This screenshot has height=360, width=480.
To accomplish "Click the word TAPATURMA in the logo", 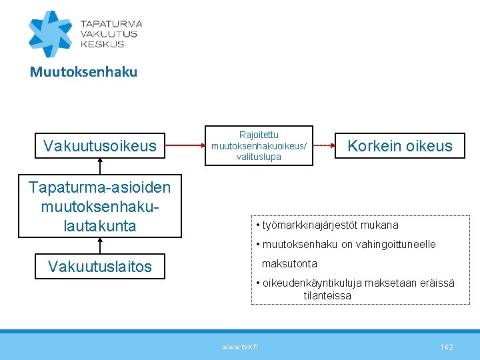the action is tap(111, 23).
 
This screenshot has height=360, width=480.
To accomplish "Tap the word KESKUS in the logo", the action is tap(102, 44).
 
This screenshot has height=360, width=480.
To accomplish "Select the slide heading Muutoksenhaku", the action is tap(83, 72).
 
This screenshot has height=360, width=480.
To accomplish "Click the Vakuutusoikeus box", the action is tap(100, 145).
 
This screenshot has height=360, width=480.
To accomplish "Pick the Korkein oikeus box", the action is tap(400, 146).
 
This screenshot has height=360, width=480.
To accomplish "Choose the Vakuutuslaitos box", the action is tap(100, 267).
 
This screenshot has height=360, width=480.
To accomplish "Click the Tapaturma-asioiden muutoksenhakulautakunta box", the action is tap(100, 207).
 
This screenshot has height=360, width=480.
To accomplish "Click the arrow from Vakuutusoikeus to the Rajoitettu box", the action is tap(193, 145).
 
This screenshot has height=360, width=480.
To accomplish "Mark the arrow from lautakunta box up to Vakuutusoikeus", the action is tap(100, 167).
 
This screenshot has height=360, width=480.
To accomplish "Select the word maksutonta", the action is tap(289, 264).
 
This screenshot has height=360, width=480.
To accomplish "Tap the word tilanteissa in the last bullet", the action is tap(327, 295).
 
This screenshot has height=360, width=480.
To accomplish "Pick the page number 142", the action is tap(447, 347).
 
